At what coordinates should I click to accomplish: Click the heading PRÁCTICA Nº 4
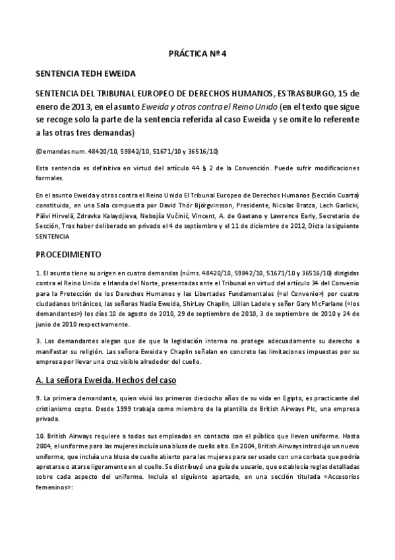coord(198,54)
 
